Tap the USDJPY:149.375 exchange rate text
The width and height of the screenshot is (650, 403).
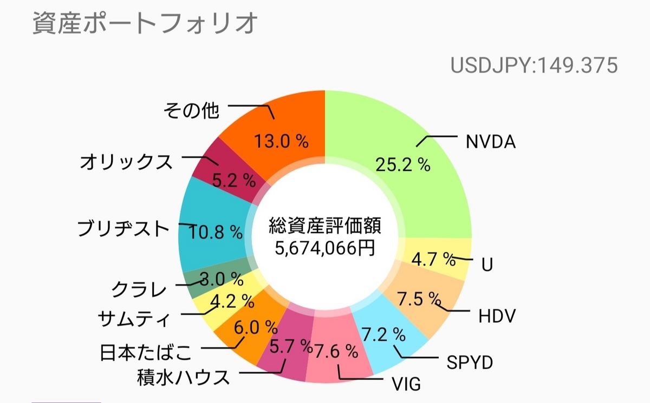534,66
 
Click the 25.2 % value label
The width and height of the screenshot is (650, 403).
403,164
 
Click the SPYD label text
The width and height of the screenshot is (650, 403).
470,362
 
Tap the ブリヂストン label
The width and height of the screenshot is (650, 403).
124,229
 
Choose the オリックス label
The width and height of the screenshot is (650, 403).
126,161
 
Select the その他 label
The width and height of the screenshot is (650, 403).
191,110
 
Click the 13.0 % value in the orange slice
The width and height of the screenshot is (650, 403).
281,142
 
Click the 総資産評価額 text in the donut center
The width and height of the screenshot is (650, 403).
325,226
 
